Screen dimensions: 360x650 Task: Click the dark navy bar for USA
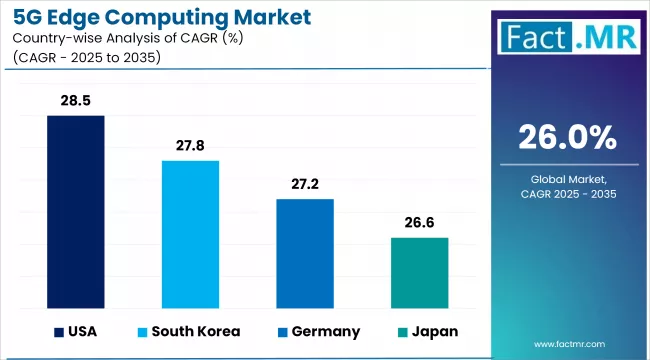pos(76,211)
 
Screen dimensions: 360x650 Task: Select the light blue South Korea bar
pos(190,234)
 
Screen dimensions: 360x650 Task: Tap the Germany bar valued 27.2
pos(305,253)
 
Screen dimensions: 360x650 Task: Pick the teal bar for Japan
pos(419,272)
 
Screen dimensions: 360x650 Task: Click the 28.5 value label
pos(76,101)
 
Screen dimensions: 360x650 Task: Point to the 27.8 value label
pos(190,146)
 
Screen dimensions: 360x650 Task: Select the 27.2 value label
pos(305,185)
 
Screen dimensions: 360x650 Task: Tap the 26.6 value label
pos(419,223)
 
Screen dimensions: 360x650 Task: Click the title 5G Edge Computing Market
pos(154,17)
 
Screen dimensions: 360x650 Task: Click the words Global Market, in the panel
pos(567,178)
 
